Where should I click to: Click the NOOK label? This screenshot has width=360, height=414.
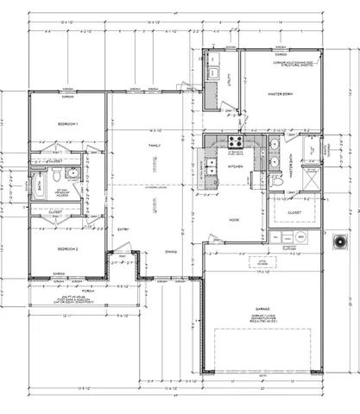(233, 220)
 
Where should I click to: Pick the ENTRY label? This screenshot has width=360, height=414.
(123, 228)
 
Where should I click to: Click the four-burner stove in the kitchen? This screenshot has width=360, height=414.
(233, 141)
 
